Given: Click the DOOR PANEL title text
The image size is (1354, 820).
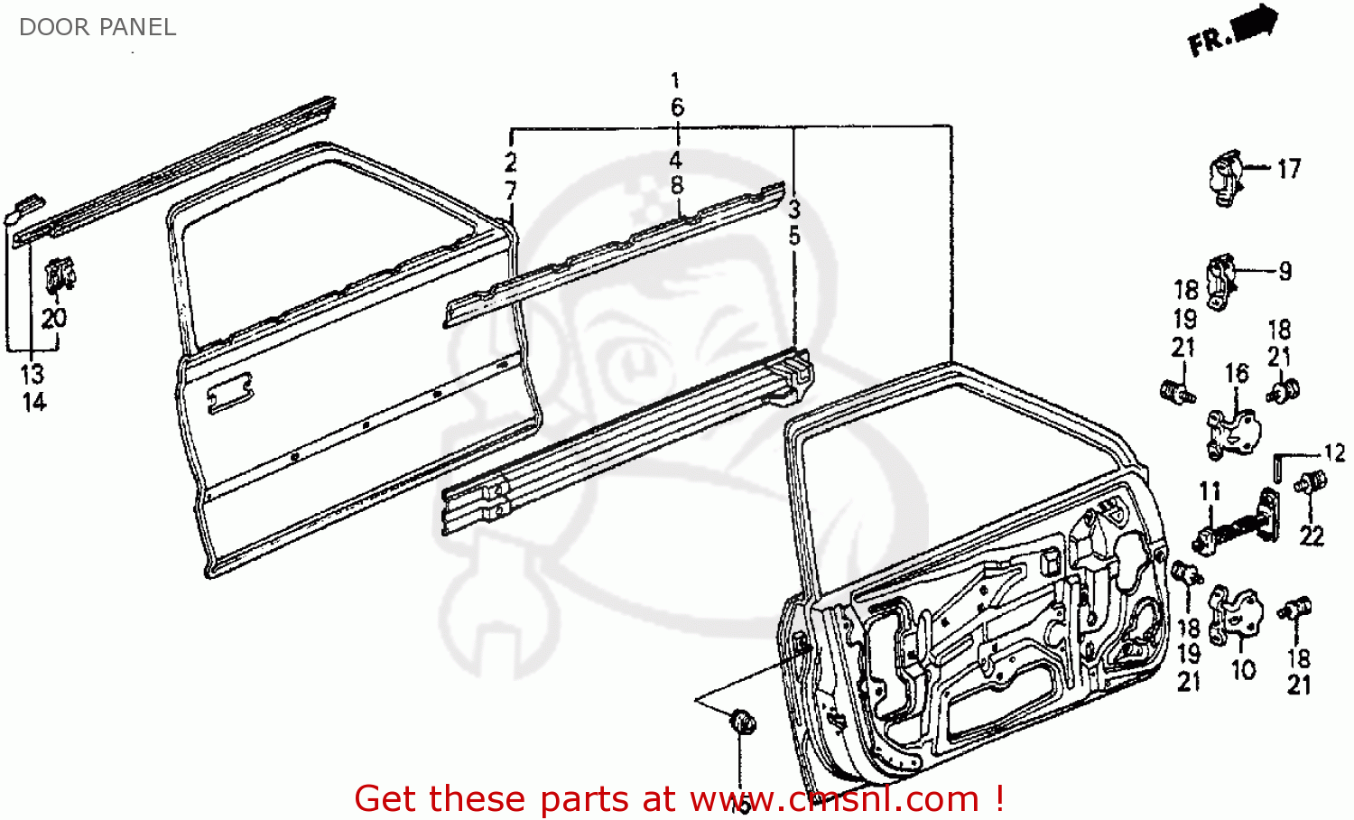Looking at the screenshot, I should coord(97,27).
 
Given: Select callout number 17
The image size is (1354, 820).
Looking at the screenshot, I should coord(1288,169).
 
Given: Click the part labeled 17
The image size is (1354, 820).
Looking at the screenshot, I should coord(1227,176).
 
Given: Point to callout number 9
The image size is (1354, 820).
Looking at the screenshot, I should coord(1284,271).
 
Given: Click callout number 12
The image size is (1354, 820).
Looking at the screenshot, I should coord(1334,452).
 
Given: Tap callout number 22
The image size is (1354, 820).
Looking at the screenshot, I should coord(1312,536).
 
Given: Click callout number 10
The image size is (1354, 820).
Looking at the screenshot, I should coord(1244,670).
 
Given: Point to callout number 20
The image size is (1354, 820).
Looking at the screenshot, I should coord(54,318).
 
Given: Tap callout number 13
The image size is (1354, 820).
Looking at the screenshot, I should coord(32,374).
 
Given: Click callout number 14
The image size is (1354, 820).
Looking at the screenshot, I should coord(33,402).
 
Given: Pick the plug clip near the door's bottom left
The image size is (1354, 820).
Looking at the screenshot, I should coord(743,722).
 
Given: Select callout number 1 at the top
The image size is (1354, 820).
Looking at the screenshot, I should coord(675,80).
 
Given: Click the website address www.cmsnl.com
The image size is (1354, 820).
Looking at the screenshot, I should coord(835,799).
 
